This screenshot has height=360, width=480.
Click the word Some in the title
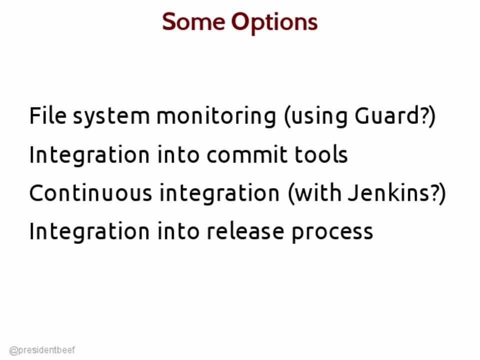193,21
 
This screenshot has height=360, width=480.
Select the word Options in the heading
274,23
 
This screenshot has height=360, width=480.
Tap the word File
48,115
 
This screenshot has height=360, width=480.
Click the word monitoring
216,117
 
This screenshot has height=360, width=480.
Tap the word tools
321,154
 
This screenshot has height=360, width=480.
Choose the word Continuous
90,192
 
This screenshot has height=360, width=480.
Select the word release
245,231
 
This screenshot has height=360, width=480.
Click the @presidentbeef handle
42,350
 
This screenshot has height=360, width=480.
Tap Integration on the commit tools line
89,156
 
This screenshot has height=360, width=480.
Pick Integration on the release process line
89,232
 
